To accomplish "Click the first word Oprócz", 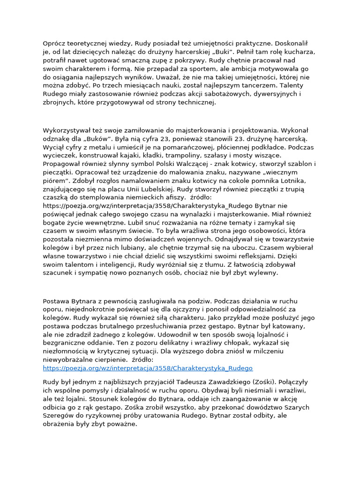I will pos(54,44).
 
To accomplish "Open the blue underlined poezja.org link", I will pos(148,368).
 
